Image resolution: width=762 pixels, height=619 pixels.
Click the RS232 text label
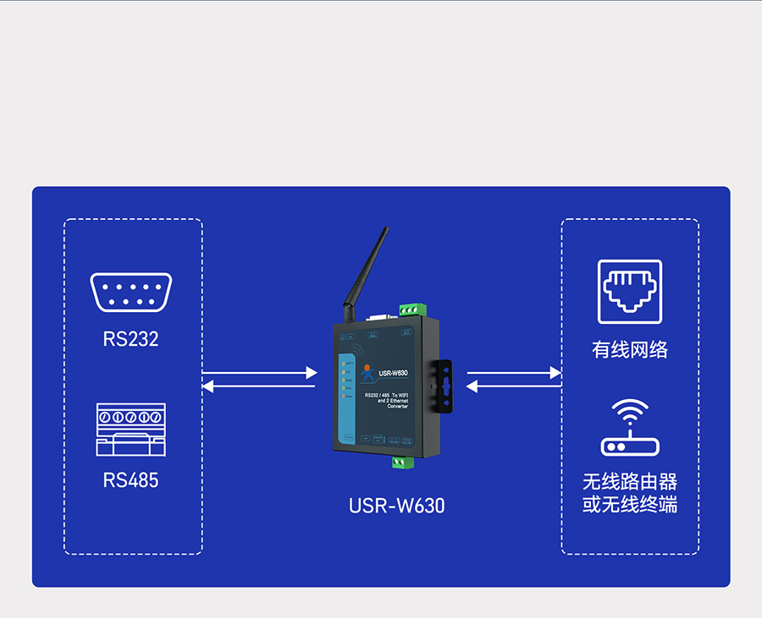pos(130,339)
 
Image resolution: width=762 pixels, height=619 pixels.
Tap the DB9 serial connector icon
pos(131,293)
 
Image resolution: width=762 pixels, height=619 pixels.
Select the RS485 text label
pos(130,480)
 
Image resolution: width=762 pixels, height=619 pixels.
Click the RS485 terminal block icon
pos(130,430)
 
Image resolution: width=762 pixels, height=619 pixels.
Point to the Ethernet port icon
pos(630,292)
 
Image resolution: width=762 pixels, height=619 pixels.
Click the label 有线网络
pos(630,350)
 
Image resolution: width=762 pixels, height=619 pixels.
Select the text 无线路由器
pos(630,482)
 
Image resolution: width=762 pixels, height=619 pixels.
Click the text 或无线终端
pos(630,506)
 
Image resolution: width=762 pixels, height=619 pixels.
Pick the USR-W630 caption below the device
pos(396,506)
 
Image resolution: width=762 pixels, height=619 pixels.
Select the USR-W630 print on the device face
pos(394,372)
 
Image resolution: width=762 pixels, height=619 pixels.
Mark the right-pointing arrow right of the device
pos(514,372)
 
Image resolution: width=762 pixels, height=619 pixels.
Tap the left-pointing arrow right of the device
pos(514,386)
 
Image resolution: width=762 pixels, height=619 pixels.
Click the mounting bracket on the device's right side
pos(444,387)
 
